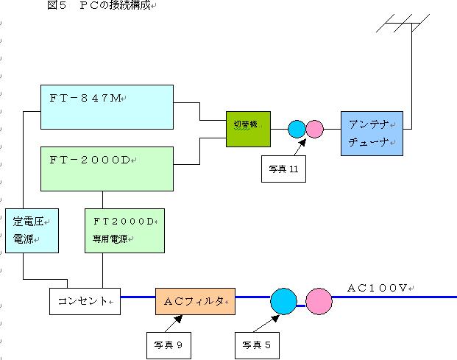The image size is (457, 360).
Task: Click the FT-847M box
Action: (107, 107)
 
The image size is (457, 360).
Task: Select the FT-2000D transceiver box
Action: (107, 169)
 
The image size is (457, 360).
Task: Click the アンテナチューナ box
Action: (372, 133)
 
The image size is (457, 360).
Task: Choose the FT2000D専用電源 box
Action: (124, 230)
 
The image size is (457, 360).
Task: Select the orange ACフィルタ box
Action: (195, 301)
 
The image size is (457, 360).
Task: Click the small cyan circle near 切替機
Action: (297, 130)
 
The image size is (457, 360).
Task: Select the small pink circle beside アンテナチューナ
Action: (315, 130)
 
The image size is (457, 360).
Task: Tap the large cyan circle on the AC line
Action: (283, 301)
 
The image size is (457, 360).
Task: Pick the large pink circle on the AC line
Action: (319, 301)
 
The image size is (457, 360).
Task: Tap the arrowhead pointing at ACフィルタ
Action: (179, 319)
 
